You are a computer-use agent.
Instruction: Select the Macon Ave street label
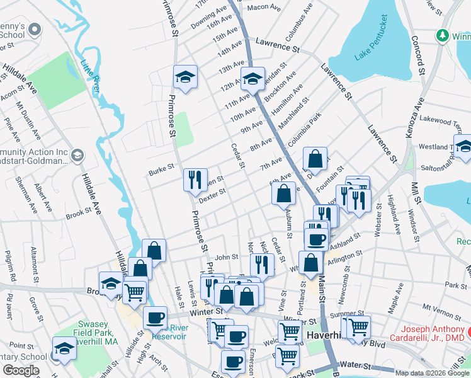(x=263, y=7)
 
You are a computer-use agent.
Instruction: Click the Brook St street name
(x=78, y=214)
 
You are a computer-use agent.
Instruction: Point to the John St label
(x=227, y=257)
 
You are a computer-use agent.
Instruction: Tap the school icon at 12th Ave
(x=253, y=79)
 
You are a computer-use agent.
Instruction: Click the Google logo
(x=21, y=370)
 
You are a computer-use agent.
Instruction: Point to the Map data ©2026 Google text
(x=433, y=374)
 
